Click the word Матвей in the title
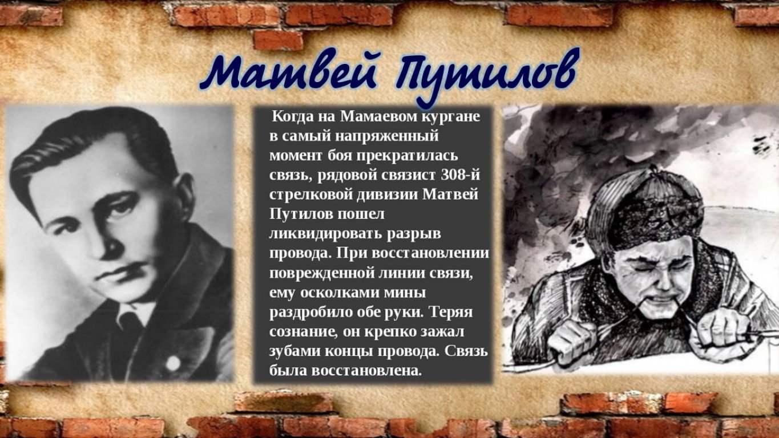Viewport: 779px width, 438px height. [289, 73]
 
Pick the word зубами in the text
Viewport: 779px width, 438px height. [294, 351]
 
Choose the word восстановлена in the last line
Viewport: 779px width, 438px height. [366, 371]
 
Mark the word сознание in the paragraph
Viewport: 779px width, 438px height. [304, 332]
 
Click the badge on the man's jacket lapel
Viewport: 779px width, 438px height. [173, 363]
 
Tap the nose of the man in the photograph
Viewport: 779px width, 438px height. [113, 244]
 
